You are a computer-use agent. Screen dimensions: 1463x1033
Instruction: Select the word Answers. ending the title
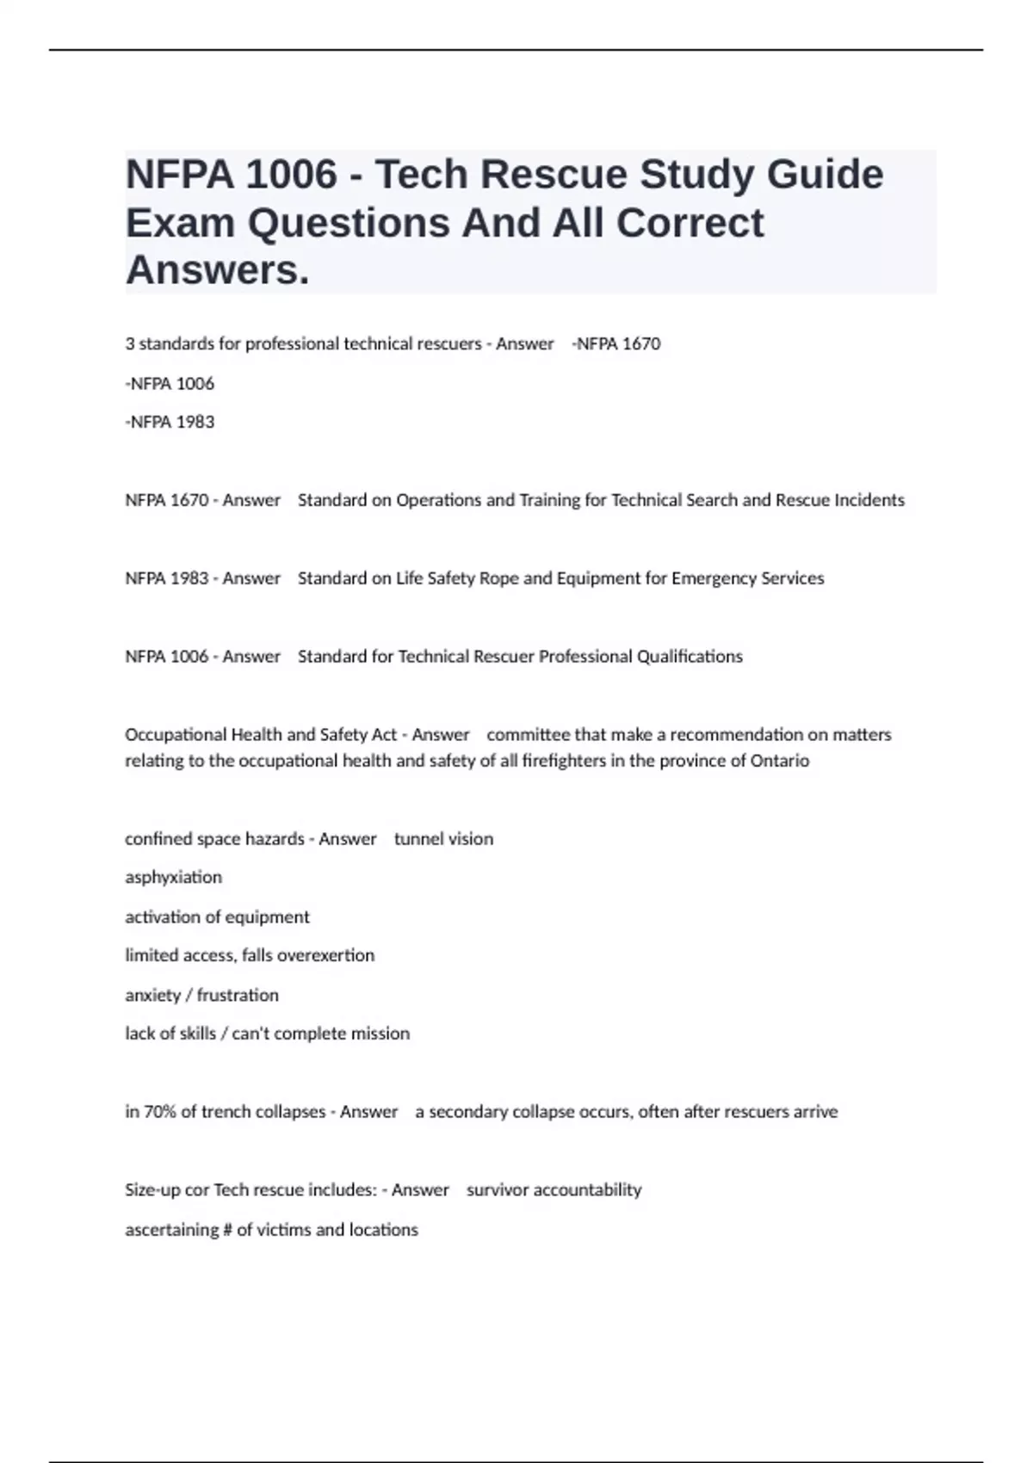[x=217, y=271]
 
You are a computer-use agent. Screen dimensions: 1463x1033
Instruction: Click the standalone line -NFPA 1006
[x=170, y=384]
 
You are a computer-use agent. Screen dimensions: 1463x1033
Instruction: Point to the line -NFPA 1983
[x=170, y=423]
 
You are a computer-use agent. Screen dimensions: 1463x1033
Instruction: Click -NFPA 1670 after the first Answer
[x=615, y=344]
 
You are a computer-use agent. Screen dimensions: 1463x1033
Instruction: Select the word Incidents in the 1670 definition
[x=869, y=501]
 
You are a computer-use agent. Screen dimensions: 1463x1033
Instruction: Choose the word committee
[x=528, y=735]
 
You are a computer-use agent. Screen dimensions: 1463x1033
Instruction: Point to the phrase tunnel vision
[x=443, y=839]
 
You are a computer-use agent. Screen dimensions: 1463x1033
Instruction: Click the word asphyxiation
[x=173, y=878]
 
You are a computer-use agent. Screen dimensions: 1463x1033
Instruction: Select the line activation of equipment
[x=217, y=917]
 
